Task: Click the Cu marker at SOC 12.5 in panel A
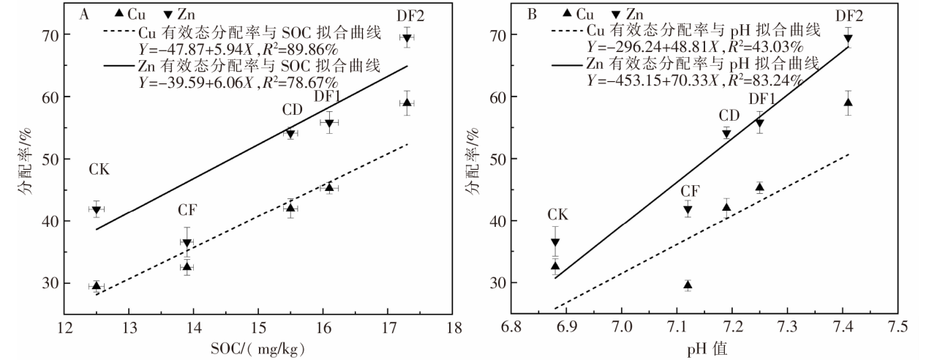pos(96,286)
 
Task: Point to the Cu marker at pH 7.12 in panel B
pos(688,285)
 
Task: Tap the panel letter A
pos(85,13)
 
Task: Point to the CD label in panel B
pos(729,116)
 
